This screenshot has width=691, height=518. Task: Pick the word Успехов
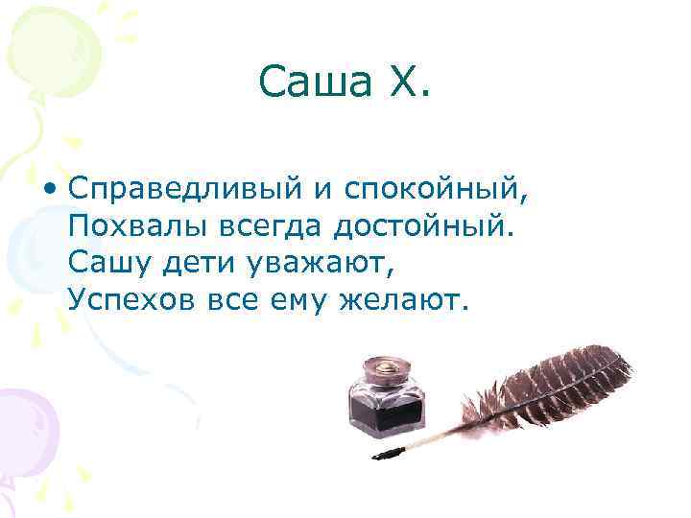[x=131, y=300]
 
